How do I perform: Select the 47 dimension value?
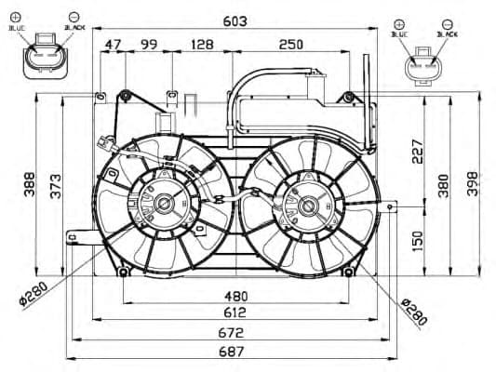pyautogui.click(x=114, y=45)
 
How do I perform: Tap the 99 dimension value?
pyautogui.click(x=148, y=45)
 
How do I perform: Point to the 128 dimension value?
pyautogui.click(x=201, y=45)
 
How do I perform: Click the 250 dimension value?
pyautogui.click(x=289, y=45)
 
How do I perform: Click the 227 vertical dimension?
pyautogui.click(x=417, y=150)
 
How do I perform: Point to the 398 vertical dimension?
pyautogui.click(x=474, y=184)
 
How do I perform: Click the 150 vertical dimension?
pyautogui.click(x=417, y=241)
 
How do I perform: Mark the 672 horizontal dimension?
pyautogui.click(x=230, y=332)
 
